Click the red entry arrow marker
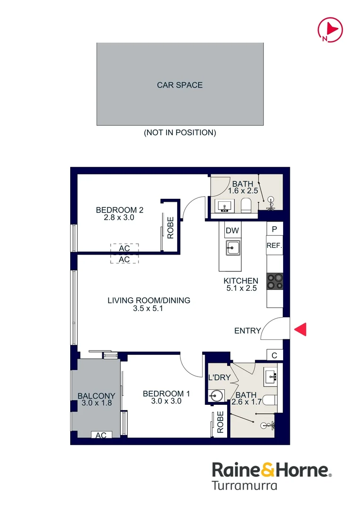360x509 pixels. (x=301, y=329)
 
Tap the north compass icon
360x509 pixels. (x=330, y=30)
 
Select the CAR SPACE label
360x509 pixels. (x=180, y=85)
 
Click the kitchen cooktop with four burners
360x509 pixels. (x=275, y=281)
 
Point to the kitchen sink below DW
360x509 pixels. (x=233, y=248)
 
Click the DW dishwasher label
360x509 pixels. (x=232, y=230)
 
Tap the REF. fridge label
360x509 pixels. (x=274, y=246)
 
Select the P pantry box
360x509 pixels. (x=275, y=229)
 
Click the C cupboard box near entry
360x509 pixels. (x=275, y=355)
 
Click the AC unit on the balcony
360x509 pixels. (x=101, y=435)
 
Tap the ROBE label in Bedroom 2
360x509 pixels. (x=171, y=228)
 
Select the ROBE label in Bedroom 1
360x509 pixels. (x=221, y=422)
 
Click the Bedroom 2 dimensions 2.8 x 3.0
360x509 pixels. (x=119, y=217)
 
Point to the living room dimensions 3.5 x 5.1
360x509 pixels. (x=147, y=308)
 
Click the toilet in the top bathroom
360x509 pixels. (x=246, y=206)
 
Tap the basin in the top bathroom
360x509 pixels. (x=224, y=206)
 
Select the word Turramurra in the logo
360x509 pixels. (x=245, y=485)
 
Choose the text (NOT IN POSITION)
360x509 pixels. (x=180, y=132)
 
